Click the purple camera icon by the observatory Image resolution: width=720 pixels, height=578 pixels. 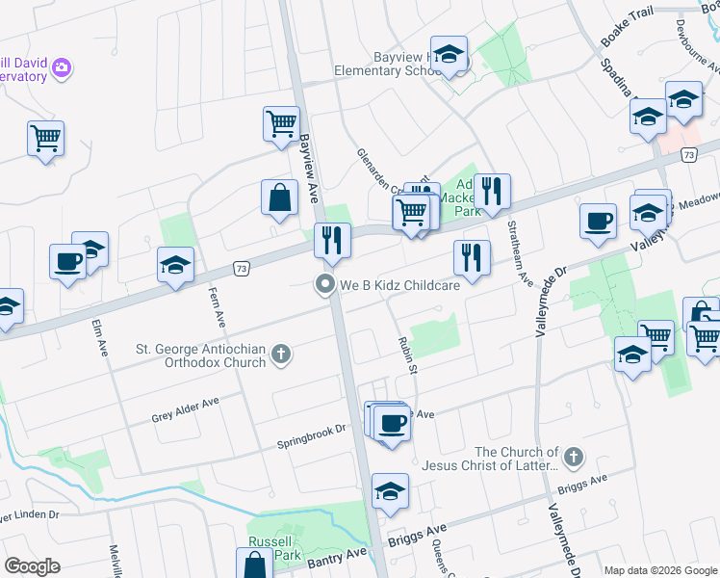click(x=63, y=67)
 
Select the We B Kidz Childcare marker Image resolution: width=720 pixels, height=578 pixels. click(x=325, y=284)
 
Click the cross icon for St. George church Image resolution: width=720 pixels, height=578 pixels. click(x=281, y=355)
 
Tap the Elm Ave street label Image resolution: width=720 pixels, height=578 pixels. click(x=99, y=337)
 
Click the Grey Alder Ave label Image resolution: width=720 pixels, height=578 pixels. click(x=186, y=410)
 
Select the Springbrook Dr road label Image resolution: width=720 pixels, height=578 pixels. click(x=312, y=436)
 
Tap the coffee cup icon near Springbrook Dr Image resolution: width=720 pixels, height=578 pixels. click(x=393, y=423)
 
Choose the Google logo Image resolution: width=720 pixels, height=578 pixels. click(x=32, y=565)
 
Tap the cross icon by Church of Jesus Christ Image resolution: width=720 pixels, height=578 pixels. click(x=573, y=455)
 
